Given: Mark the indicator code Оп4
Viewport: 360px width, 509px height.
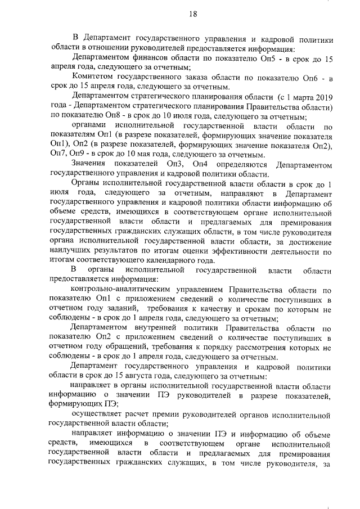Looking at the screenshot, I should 201,164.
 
